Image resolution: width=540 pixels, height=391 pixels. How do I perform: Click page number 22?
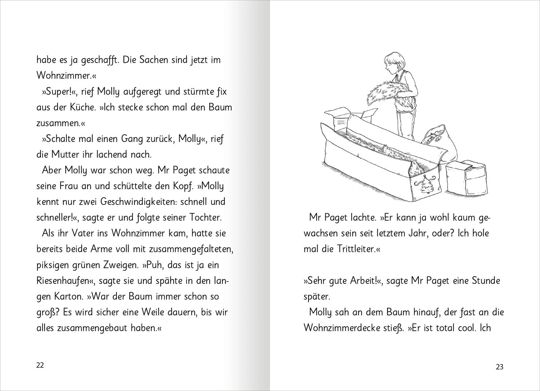click(40, 366)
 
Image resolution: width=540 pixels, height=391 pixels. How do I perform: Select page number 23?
click(500, 367)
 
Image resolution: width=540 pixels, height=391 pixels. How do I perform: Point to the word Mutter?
click(65, 155)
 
